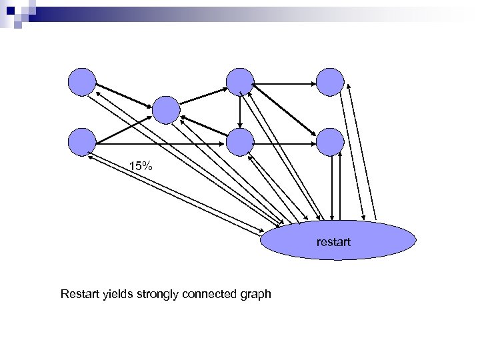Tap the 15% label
point(141,166)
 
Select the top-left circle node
point(83,81)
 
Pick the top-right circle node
point(330,81)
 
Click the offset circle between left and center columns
point(166,110)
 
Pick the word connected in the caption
point(210,293)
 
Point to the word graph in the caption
point(255,293)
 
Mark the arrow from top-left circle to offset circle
point(125,95)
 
